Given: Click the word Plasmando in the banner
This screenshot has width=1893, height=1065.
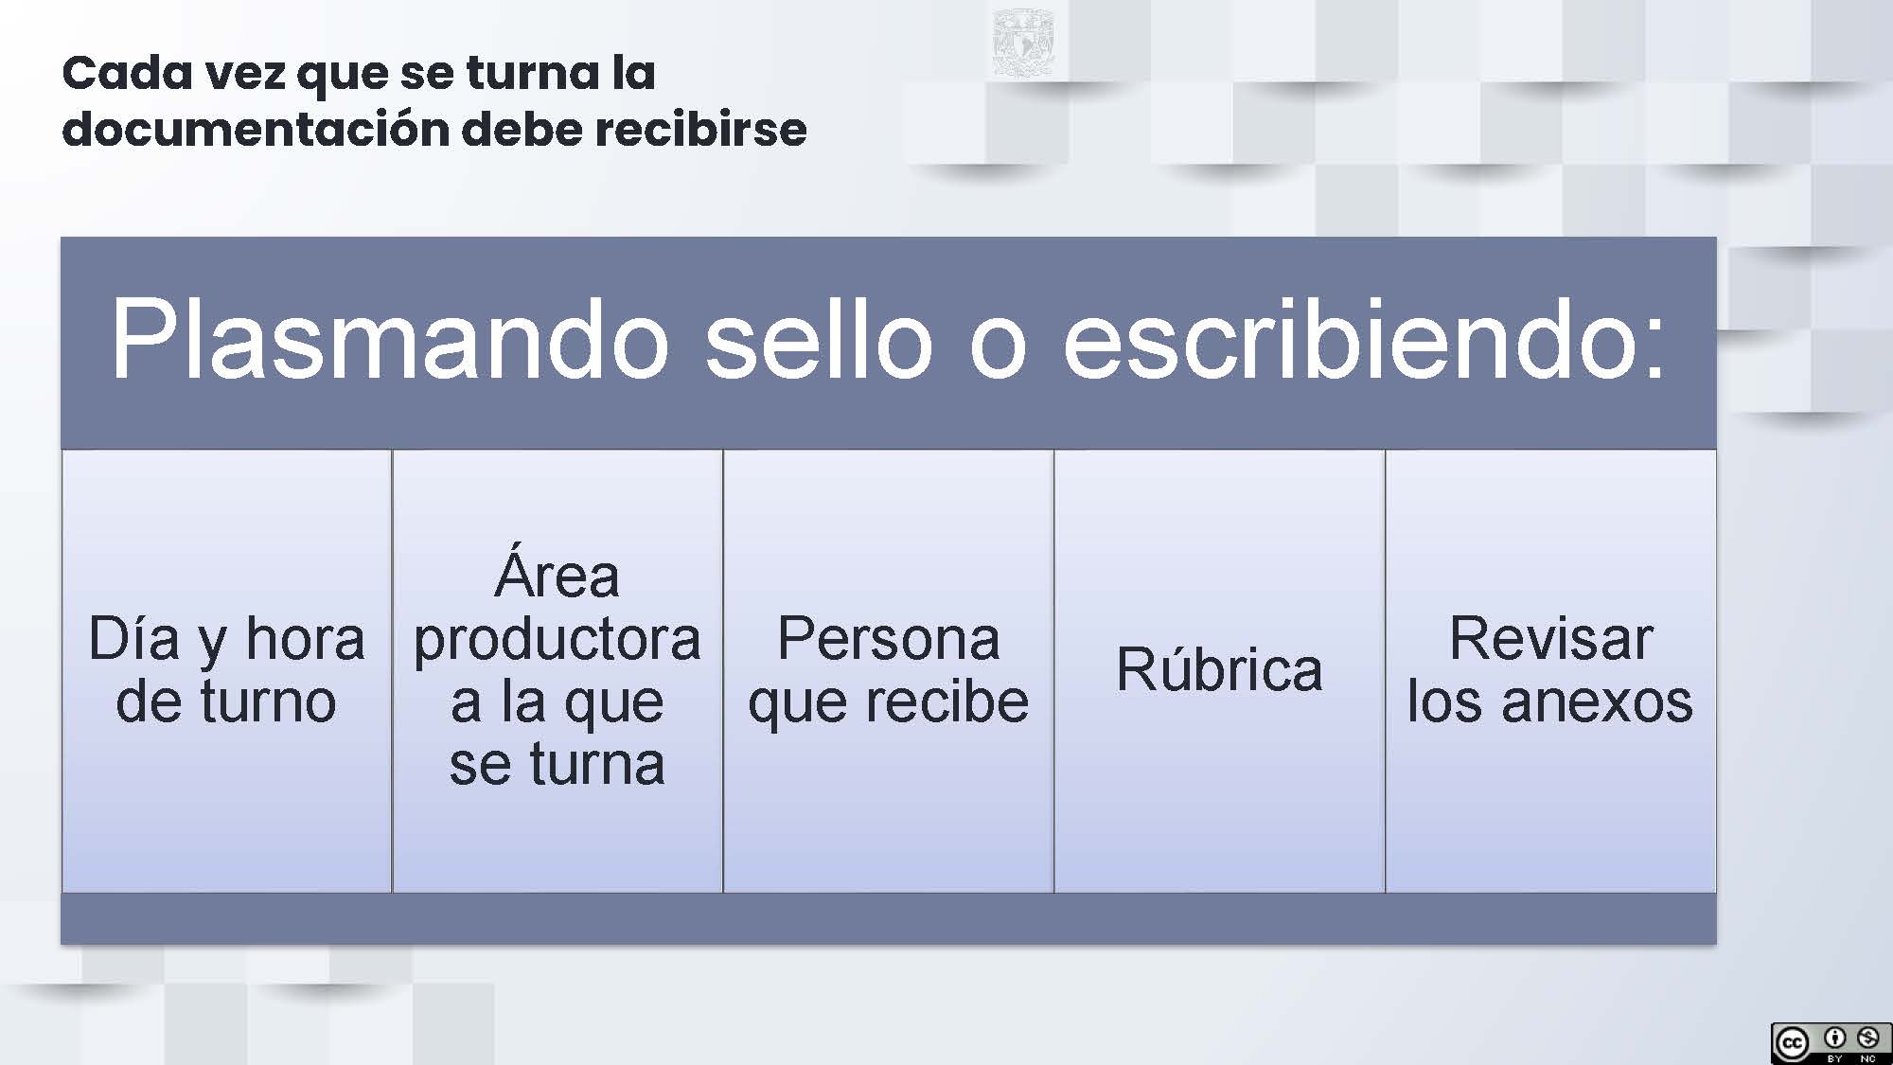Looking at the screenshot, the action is tap(390, 339).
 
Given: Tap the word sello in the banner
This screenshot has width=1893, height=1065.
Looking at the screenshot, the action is tap(819, 339).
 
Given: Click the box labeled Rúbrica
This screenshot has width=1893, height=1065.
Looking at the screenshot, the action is tap(1219, 670).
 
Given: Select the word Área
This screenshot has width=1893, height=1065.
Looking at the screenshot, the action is tap(557, 573).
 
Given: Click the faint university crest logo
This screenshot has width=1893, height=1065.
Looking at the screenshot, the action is tap(1022, 42).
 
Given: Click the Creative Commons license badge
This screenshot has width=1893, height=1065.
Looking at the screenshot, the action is tap(1831, 1042).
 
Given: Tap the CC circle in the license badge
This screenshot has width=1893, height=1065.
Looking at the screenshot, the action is tap(1792, 1043).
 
